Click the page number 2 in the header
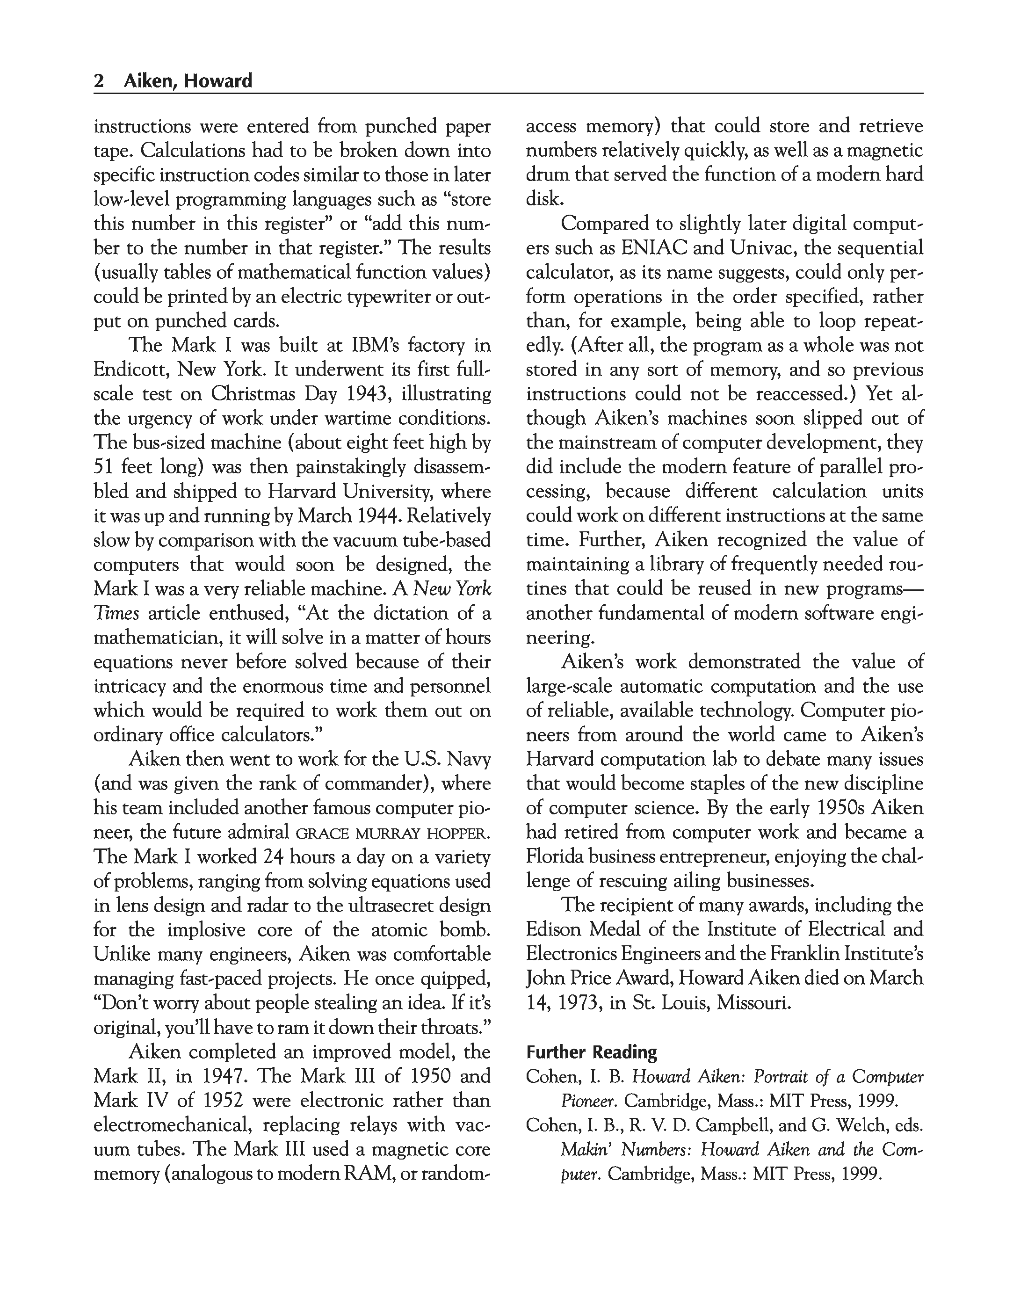99,80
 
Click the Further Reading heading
591,1052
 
